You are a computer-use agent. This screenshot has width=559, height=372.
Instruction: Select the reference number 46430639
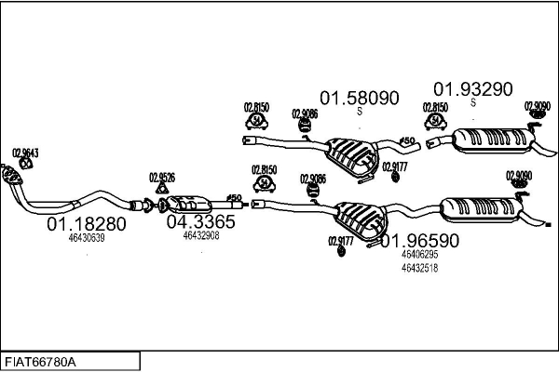point(87,238)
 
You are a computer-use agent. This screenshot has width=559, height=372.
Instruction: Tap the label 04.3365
point(200,221)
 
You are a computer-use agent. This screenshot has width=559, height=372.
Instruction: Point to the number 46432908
point(200,235)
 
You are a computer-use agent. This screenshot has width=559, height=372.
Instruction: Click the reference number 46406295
point(418,254)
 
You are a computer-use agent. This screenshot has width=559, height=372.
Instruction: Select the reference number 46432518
point(418,268)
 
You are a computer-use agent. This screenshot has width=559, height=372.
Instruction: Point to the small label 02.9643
point(24,153)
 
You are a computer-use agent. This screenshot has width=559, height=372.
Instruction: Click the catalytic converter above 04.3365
point(191,202)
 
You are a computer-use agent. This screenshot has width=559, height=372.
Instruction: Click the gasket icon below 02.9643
point(25,165)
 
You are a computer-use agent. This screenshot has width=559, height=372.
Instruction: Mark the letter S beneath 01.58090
point(360,112)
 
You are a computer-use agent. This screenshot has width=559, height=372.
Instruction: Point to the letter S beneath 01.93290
point(472,103)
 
